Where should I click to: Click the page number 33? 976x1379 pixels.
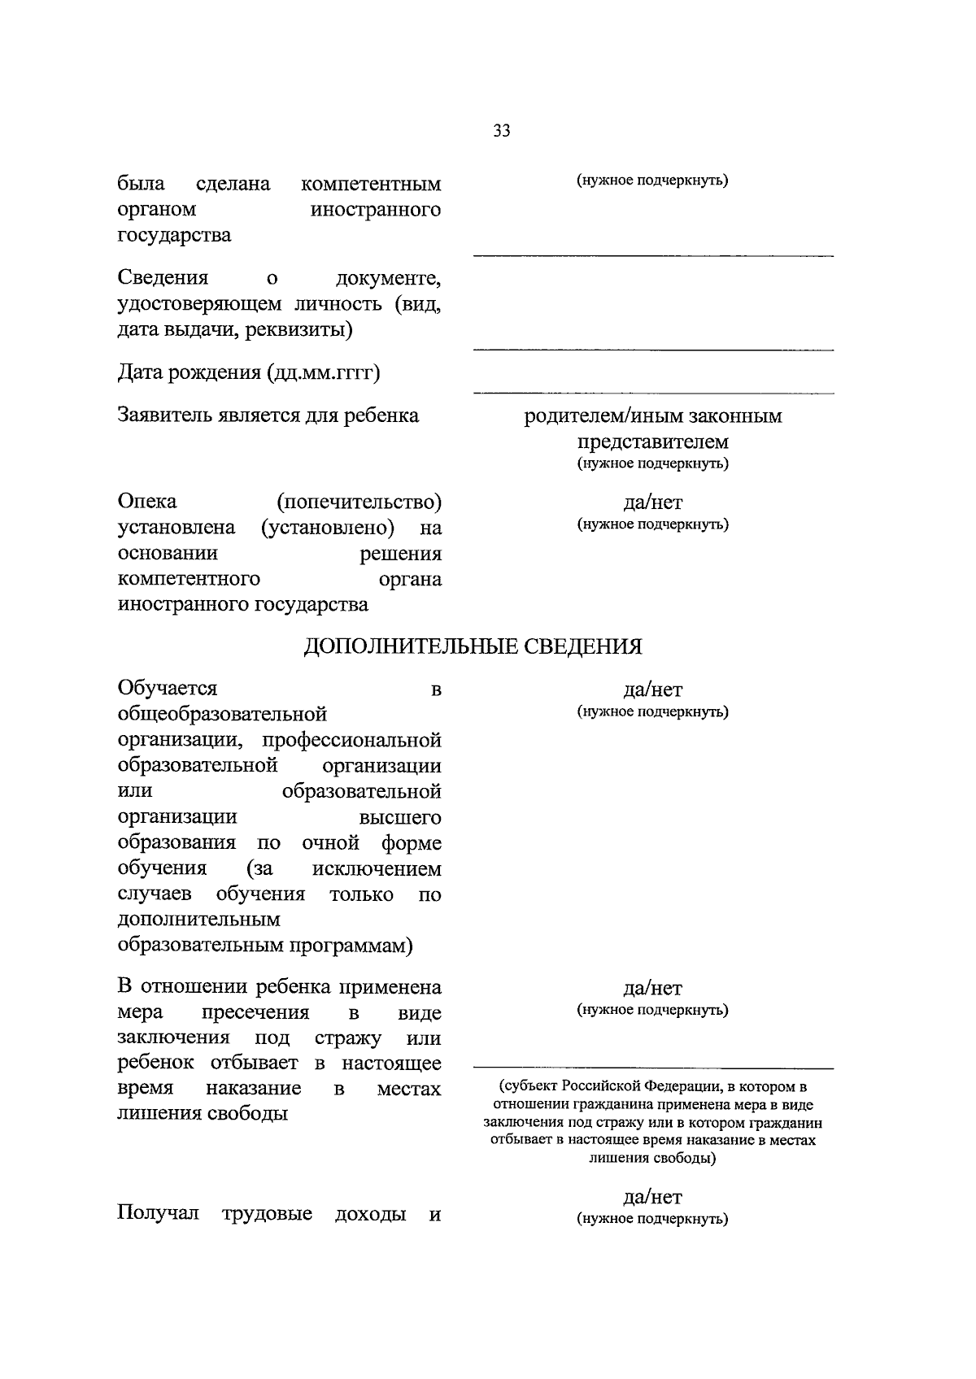[x=501, y=130]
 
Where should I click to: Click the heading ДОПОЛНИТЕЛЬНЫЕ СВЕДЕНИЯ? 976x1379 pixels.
[x=473, y=646]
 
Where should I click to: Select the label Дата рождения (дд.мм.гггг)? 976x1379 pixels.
[x=250, y=372]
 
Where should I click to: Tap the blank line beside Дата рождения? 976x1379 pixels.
[x=653, y=392]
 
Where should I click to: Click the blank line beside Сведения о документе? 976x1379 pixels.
[x=653, y=349]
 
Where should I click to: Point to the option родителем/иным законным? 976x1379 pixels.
[x=652, y=416]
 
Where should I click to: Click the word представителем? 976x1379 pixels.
[x=652, y=442]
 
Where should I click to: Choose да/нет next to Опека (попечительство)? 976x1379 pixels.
[x=652, y=502]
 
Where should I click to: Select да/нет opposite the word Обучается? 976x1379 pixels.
[x=652, y=690]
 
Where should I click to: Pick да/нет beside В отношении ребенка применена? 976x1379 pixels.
[x=652, y=989]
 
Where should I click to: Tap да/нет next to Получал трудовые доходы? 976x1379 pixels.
[x=652, y=1197]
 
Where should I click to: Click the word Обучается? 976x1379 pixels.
[x=168, y=689]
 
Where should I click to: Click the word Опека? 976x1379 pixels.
[x=147, y=501]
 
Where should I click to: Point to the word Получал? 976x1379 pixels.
[x=158, y=1214]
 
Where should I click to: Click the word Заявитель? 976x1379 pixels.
[x=165, y=415]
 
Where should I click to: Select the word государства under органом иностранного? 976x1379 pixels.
[x=174, y=236]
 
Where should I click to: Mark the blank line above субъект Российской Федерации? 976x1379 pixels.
[x=653, y=1068]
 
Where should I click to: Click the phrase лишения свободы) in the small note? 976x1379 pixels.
[x=652, y=1159]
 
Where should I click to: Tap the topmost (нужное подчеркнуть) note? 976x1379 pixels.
[x=652, y=181]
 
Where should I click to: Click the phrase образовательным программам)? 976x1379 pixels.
[x=265, y=946]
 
